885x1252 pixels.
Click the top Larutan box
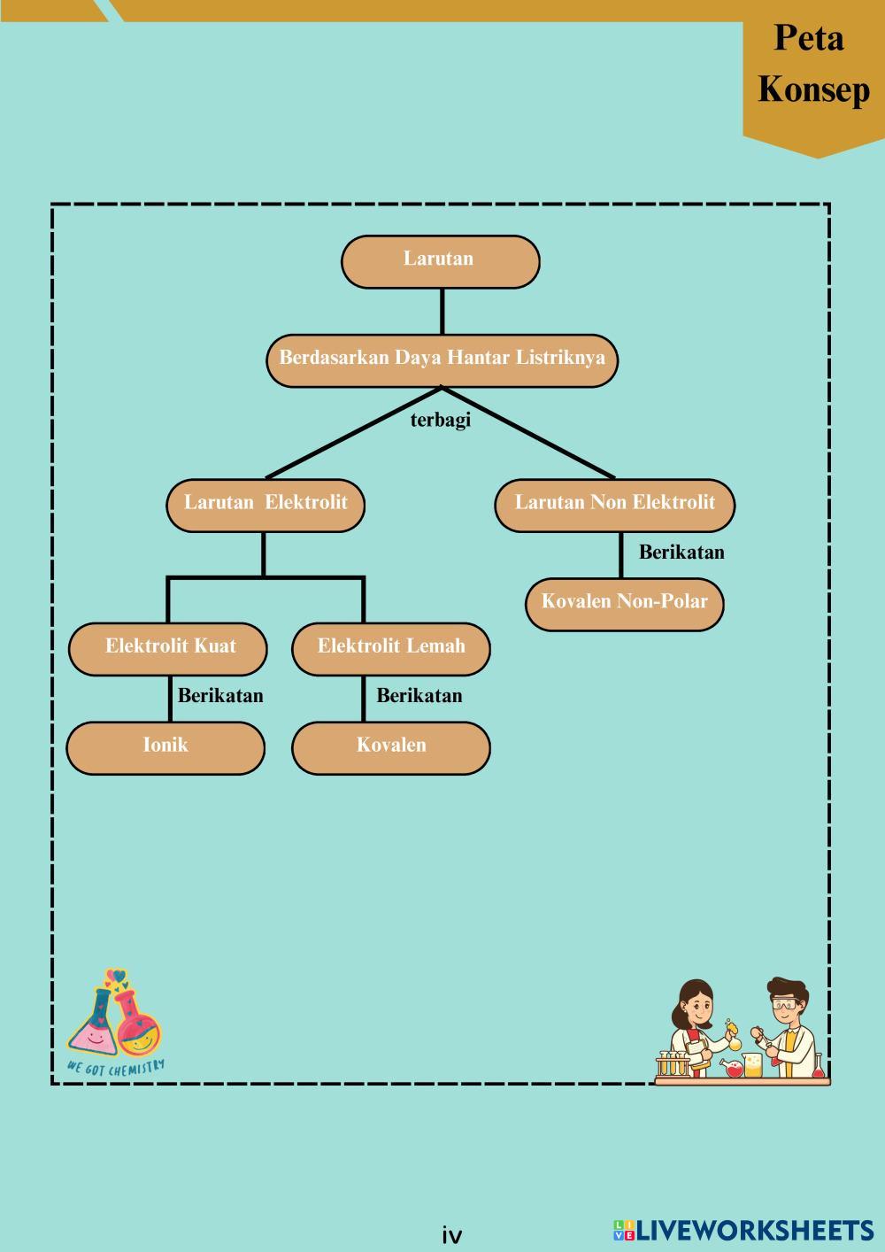[440, 261]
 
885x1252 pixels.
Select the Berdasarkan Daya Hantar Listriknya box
[442, 359]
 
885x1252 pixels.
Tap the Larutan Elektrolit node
[265, 505]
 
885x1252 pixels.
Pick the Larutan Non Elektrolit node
[614, 505]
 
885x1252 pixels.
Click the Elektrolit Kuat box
[168, 648]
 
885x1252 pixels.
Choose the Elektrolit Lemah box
[391, 648]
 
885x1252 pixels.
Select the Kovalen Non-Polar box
[625, 604]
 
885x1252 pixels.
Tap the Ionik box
[165, 747]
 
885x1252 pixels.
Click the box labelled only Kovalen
[391, 747]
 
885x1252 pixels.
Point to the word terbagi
[441, 420]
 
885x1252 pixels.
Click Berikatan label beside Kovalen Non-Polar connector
[681, 553]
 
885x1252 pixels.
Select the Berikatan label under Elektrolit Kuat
[220, 696]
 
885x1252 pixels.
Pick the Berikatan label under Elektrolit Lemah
[419, 696]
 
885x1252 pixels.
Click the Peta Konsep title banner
[813, 66]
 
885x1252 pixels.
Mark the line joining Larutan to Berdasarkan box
[442, 311]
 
